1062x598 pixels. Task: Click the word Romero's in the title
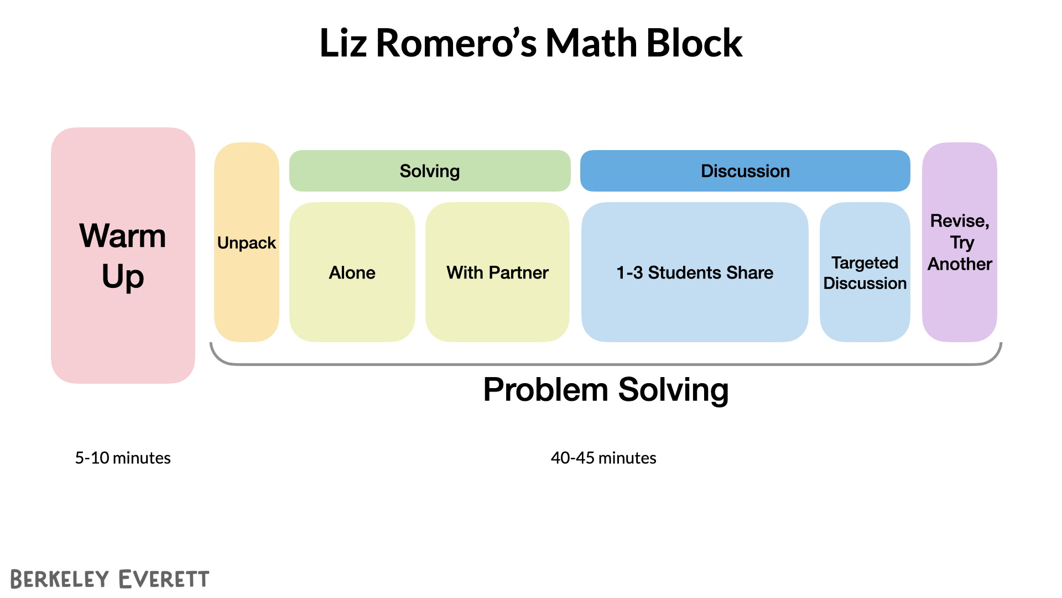456,43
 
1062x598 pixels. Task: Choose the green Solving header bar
430,171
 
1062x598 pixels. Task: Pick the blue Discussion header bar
745,171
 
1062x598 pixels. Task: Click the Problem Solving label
606,390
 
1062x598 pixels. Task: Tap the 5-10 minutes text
123,458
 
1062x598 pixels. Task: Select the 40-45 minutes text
603,458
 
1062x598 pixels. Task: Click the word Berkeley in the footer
60,579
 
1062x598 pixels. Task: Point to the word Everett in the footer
164,579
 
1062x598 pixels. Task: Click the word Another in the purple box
960,264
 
